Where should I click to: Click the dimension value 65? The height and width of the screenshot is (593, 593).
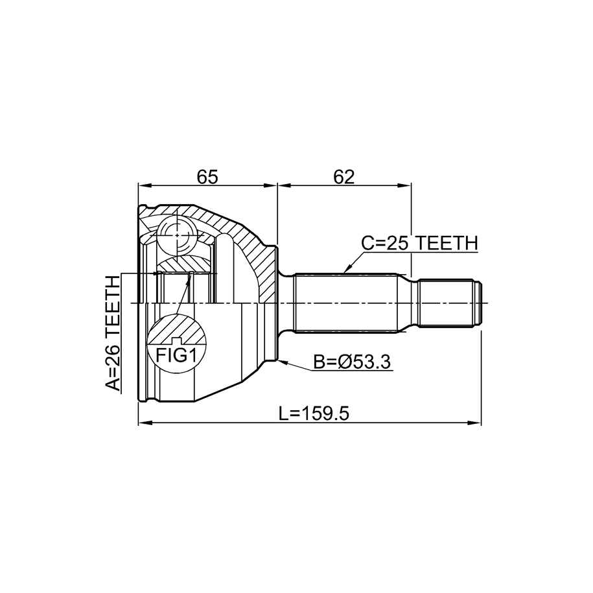coord(207,177)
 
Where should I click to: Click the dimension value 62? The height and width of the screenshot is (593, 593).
coord(343,177)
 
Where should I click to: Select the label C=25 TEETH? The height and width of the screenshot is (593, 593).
coord(419,243)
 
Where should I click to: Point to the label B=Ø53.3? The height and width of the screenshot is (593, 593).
coord(352,362)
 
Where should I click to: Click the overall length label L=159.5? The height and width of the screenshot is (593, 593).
coord(314,413)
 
